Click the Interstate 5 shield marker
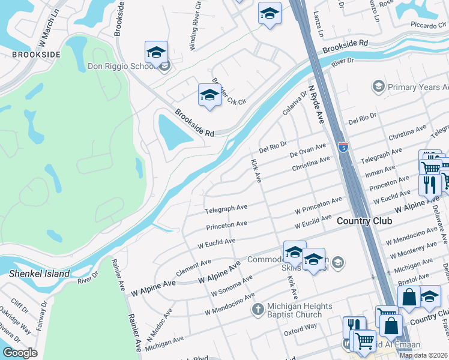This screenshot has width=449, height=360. point(342,147)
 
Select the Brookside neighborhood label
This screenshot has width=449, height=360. point(36,55)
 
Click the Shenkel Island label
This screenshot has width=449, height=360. point(39,274)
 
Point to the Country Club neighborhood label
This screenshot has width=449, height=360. point(364,221)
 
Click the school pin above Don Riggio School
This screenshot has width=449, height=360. point(156,53)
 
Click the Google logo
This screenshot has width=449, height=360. point(20,353)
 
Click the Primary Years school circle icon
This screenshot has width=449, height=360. point(378,88)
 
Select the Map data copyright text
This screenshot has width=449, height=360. point(423,355)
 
